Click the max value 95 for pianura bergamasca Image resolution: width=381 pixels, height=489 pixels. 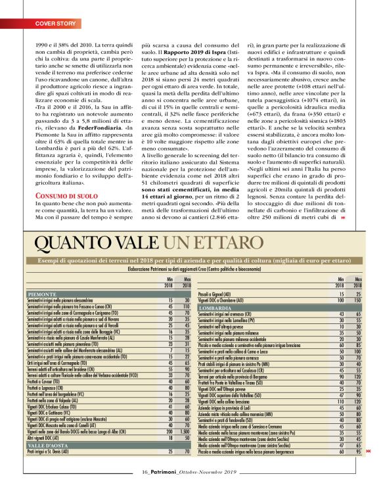(x=358, y=452)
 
